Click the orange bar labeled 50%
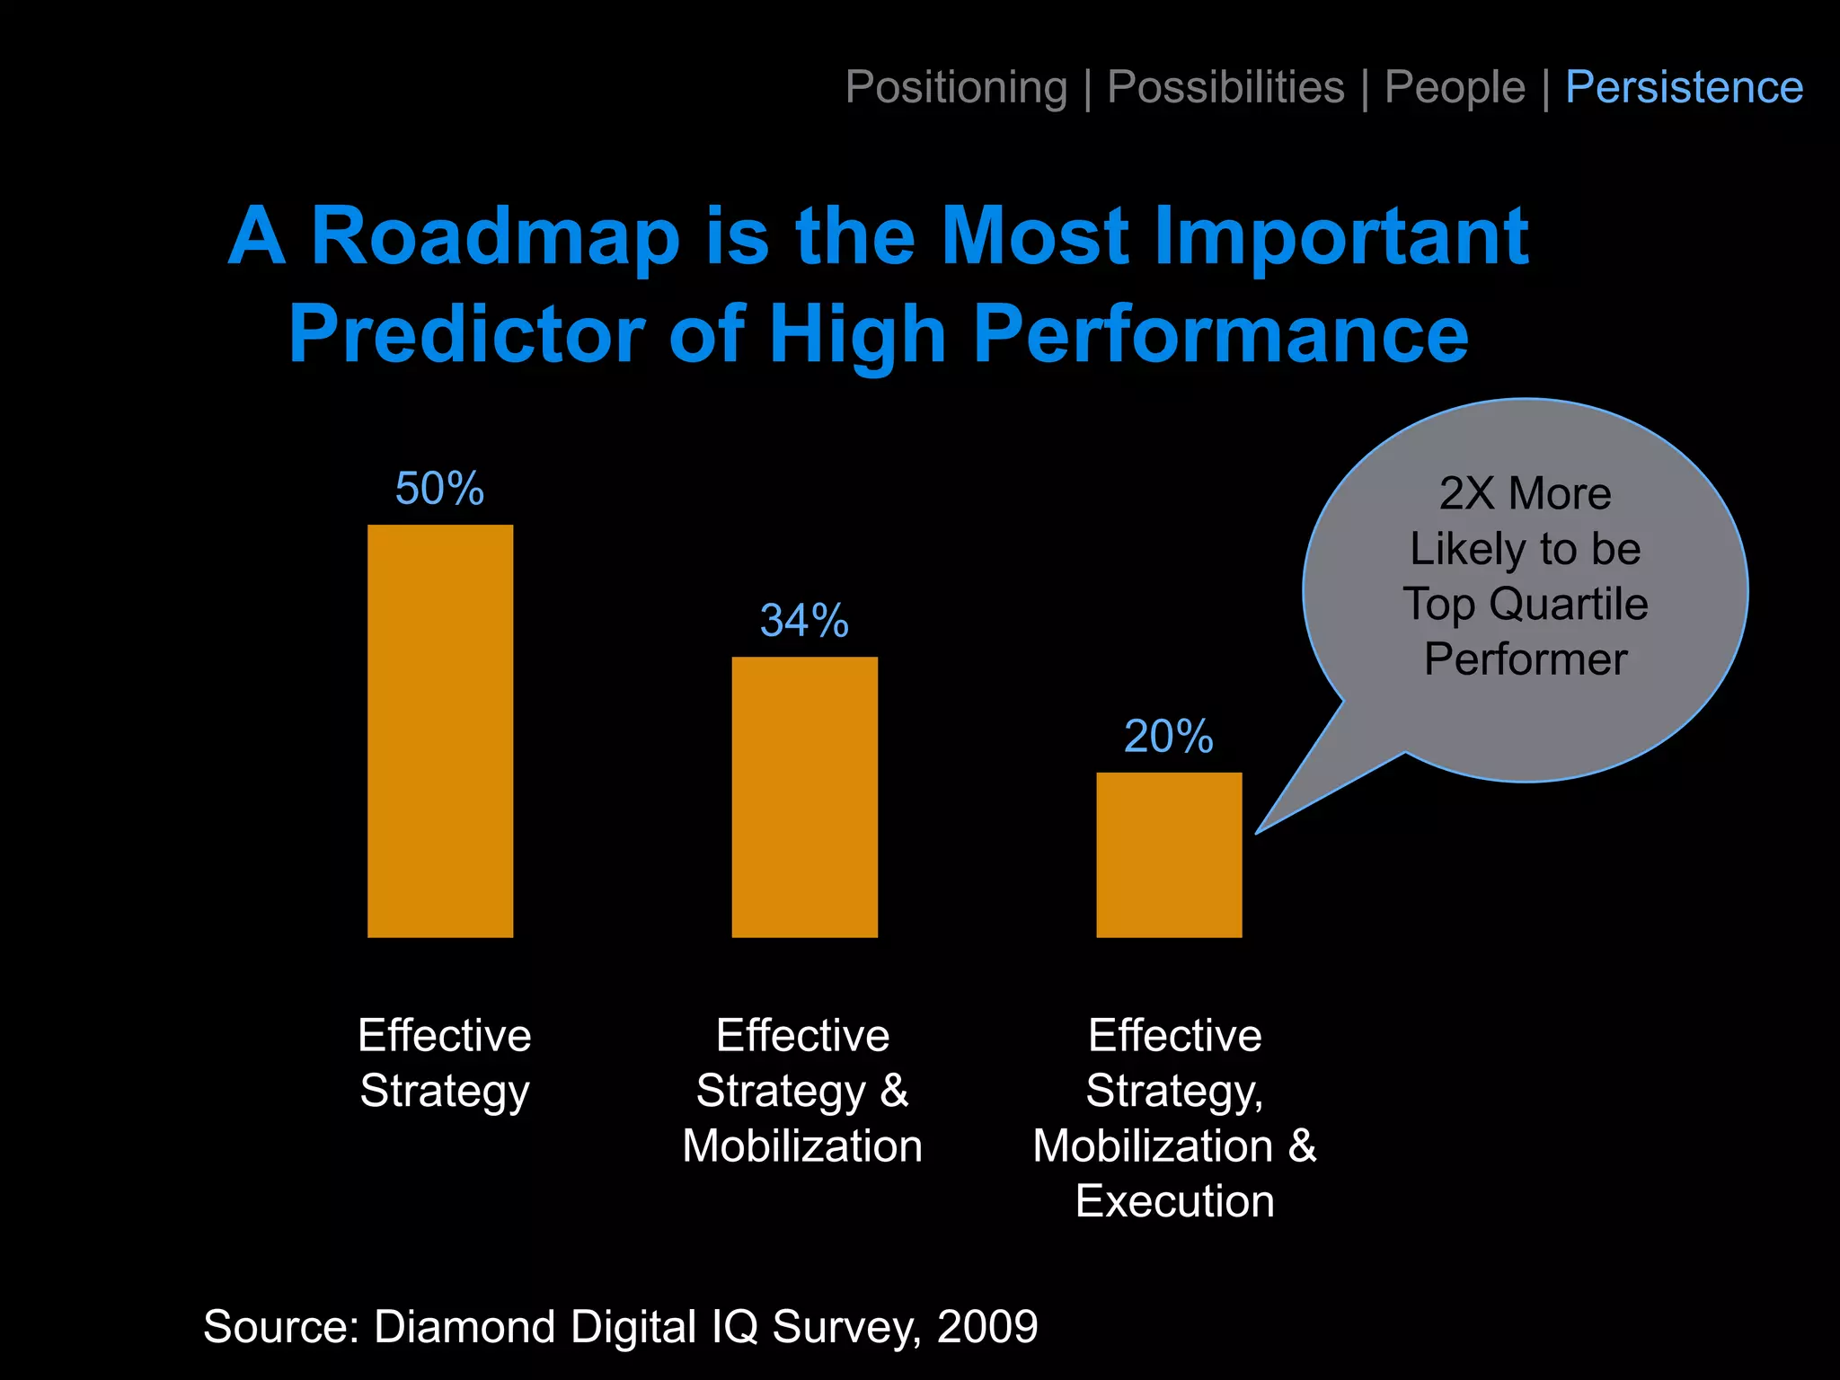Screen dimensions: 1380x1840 (x=440, y=730)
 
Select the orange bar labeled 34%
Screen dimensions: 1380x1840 (x=804, y=797)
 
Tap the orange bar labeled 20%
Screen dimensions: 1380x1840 (x=1169, y=854)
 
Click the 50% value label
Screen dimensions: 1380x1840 (x=439, y=489)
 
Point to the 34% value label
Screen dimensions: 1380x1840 (x=804, y=621)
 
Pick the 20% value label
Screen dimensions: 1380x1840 (x=1168, y=737)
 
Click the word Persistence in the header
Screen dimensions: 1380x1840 (x=1684, y=87)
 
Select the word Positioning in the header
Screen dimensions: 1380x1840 (x=956, y=87)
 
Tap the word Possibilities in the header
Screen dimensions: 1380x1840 (x=1225, y=87)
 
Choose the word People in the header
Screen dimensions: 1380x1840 (x=1455, y=87)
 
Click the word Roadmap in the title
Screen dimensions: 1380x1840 (x=495, y=236)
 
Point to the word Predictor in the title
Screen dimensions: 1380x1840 (x=466, y=334)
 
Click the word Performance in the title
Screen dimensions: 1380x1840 (x=1221, y=334)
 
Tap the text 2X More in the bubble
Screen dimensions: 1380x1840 (x=1525, y=493)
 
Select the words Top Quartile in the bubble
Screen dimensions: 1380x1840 (x=1525, y=604)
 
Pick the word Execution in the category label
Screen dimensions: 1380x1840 (x=1174, y=1201)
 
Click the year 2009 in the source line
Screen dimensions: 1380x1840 (x=987, y=1326)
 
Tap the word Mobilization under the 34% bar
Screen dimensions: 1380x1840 (x=802, y=1146)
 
